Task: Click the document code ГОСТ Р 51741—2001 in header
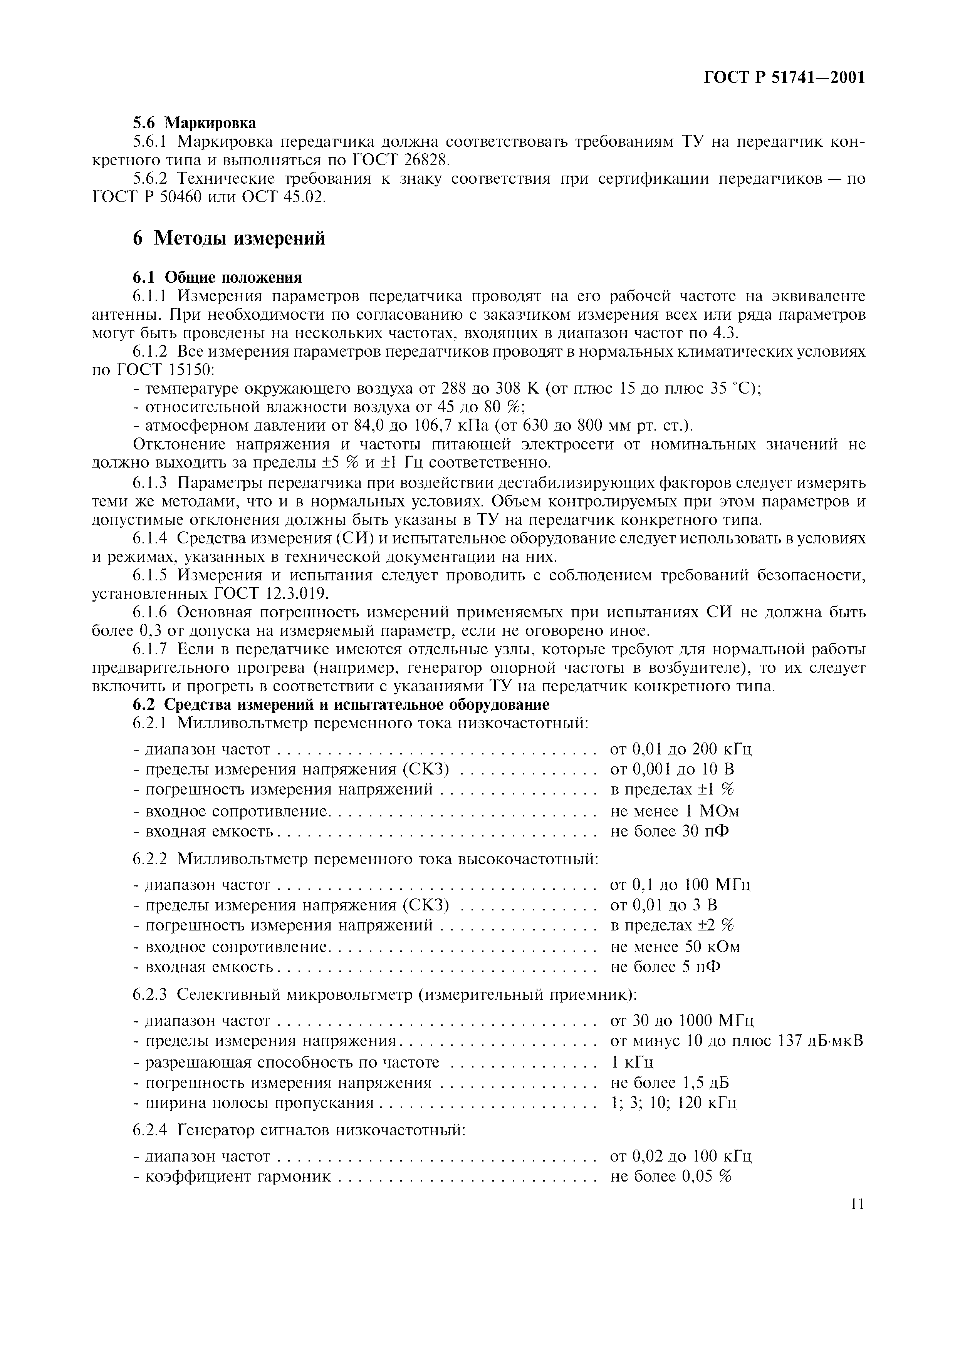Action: point(784,77)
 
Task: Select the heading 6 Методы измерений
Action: point(229,238)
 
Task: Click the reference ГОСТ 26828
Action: point(403,160)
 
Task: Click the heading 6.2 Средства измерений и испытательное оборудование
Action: point(341,704)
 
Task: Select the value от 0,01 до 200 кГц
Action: point(681,749)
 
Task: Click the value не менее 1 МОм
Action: point(675,811)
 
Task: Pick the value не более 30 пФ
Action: point(670,831)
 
